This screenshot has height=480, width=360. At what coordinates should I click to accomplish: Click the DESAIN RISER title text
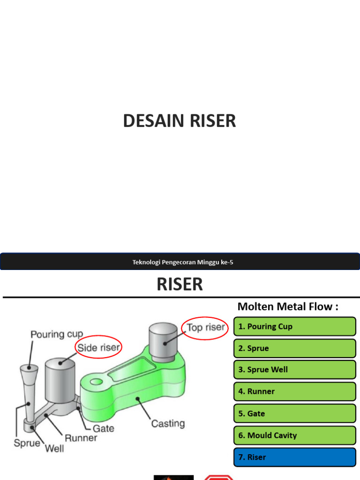180,121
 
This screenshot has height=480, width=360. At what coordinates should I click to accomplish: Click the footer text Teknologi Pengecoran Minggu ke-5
182,262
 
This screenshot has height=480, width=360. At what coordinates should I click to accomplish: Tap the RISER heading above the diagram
180,284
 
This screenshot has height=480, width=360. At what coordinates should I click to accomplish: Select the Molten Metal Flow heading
288,307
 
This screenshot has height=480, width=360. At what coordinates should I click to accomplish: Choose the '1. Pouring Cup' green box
294,326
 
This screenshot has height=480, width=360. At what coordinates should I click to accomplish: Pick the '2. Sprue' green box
294,348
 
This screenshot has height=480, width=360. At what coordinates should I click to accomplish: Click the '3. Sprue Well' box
294,369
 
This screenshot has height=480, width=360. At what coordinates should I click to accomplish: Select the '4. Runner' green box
294,391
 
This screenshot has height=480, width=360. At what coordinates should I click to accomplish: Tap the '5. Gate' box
294,413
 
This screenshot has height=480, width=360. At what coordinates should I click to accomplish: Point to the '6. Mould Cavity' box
294,435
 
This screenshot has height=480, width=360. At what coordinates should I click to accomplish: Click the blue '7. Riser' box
294,457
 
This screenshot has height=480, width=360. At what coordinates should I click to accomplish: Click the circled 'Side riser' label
99,348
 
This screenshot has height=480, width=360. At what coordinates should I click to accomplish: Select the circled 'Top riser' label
205,327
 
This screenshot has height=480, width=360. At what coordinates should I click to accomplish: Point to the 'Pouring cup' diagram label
57,334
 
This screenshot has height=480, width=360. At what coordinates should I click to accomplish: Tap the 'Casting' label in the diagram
168,423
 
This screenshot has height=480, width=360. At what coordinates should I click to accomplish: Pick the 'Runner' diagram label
81,438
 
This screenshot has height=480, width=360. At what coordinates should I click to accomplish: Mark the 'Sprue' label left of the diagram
27,442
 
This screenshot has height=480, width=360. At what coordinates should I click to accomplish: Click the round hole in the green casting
96,382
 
